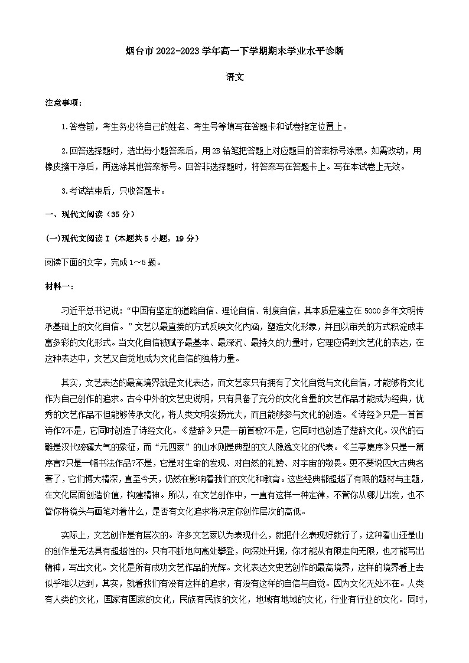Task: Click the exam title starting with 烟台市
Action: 234,51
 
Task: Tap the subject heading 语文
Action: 234,77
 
